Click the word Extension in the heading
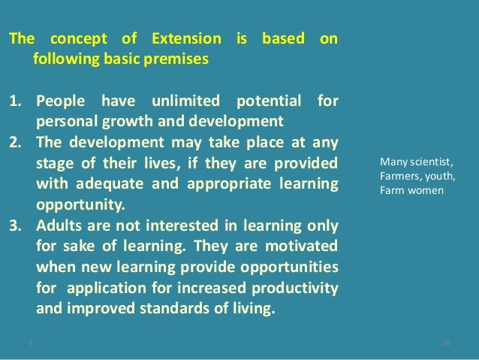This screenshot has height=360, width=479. pyautogui.click(x=185, y=38)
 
